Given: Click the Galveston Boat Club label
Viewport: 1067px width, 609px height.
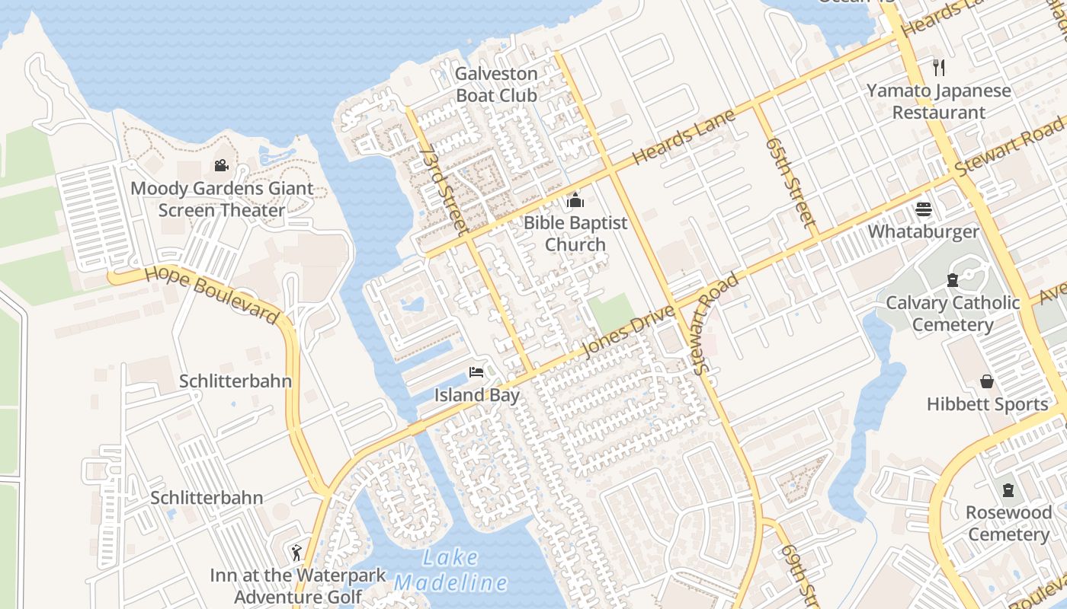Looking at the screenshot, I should coord(496,84).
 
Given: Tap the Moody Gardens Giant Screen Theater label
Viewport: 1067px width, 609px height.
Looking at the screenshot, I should coord(222,199).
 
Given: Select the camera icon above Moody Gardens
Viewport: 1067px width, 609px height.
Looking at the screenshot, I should coord(221,165).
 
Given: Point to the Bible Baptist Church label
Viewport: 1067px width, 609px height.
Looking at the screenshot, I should coord(575,234).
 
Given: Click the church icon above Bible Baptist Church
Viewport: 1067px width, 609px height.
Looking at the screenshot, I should coord(575,201).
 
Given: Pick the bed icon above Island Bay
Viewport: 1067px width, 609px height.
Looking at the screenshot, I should coord(476,372).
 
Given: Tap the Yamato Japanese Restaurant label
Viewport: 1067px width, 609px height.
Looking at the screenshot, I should coord(939,101).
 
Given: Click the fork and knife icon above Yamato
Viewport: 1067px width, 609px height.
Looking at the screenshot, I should coord(939,68).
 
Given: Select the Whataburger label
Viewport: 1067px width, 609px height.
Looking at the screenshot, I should coord(923,231).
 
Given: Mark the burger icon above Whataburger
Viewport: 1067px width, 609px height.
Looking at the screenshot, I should coord(924,209).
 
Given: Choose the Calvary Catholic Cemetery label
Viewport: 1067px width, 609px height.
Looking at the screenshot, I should coord(953,314).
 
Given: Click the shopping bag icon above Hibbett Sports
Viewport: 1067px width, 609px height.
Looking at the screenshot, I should coord(987,381).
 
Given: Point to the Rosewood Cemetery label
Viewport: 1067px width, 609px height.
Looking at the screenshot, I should coord(1008,523).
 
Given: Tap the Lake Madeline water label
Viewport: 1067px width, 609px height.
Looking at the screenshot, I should coord(450,570).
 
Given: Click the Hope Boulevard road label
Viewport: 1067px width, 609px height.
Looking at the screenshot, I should coord(212,293).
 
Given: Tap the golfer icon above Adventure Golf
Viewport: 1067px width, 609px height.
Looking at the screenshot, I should coord(297,552).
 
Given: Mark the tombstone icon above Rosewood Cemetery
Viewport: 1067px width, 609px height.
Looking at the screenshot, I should coord(1008,489).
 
